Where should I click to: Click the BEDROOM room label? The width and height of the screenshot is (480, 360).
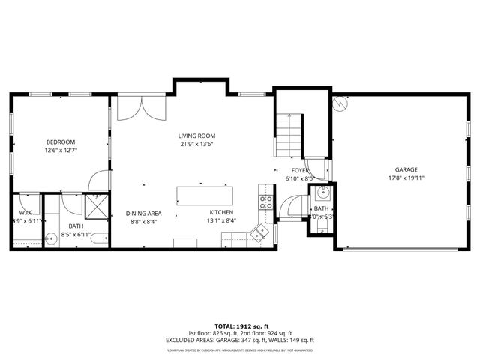click(x=61, y=142)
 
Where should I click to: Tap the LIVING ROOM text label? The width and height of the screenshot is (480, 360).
click(x=196, y=136)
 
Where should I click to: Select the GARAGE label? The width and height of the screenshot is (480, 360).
click(x=406, y=170)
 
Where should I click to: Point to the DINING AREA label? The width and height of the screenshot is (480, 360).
click(x=143, y=213)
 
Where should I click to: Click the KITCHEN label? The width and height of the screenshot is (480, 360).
click(x=222, y=213)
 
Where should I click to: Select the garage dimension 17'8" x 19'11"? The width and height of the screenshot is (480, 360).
click(x=406, y=178)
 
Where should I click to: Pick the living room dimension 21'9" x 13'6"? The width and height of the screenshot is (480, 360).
click(x=196, y=144)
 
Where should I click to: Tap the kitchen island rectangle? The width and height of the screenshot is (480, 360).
click(x=205, y=195)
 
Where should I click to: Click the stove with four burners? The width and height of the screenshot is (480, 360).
click(x=265, y=200)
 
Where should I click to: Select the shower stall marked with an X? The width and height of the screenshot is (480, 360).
click(x=96, y=205)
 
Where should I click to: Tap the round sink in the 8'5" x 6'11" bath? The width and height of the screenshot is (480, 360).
click(x=51, y=240)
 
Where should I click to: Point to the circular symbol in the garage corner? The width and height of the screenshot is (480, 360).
click(x=341, y=104)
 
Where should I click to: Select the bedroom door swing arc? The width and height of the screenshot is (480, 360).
click(x=97, y=180)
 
